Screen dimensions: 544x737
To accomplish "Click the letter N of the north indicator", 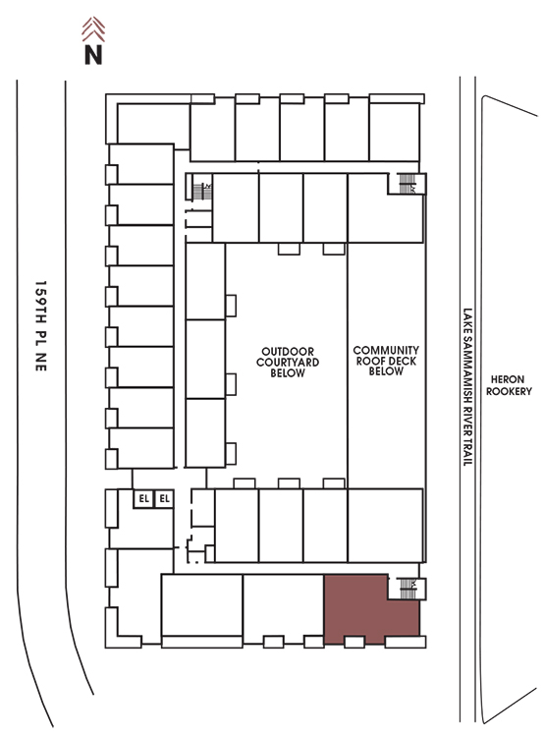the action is pyautogui.click(x=93, y=54).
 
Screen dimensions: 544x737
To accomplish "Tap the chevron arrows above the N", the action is pyautogui.click(x=93, y=29).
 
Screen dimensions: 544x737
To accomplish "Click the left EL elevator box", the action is pyautogui.click(x=143, y=498).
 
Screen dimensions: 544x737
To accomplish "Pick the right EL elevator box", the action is pyautogui.click(x=164, y=498).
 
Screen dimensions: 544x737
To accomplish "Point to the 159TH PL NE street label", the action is pyautogui.click(x=41, y=326).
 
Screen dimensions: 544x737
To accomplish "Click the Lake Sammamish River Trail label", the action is pyautogui.click(x=467, y=387).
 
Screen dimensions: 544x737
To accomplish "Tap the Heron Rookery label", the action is pyautogui.click(x=509, y=385).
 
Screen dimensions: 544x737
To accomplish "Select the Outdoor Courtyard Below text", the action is pyautogui.click(x=288, y=362).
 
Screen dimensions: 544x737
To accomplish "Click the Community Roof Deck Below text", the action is pyautogui.click(x=386, y=361).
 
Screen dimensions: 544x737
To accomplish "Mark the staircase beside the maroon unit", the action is pyautogui.click(x=407, y=589).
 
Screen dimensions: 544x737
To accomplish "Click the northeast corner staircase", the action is pyautogui.click(x=407, y=184).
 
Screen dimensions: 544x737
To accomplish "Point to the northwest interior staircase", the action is pyautogui.click(x=201, y=191).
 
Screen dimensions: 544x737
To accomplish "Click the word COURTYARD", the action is pyautogui.click(x=288, y=362).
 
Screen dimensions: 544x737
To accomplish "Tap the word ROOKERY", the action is pyautogui.click(x=509, y=391).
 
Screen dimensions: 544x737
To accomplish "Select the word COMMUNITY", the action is pyautogui.click(x=386, y=350).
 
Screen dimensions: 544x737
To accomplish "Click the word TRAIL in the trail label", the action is pyautogui.click(x=467, y=452).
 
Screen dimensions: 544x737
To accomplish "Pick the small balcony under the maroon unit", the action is pyautogui.click(x=354, y=642).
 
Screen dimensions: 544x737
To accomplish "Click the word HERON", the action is pyautogui.click(x=508, y=379).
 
